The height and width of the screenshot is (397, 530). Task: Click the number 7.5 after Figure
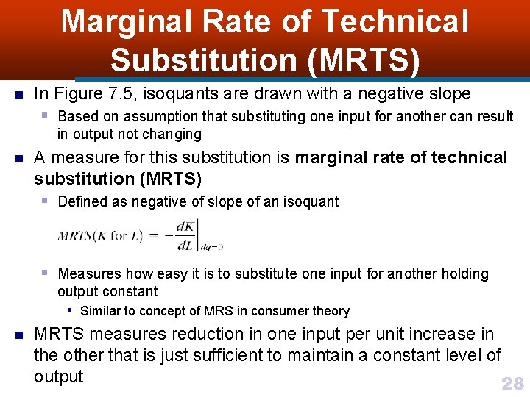pyautogui.click(x=116, y=94)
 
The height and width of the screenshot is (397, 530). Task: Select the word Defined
pyautogui.click(x=82, y=201)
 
